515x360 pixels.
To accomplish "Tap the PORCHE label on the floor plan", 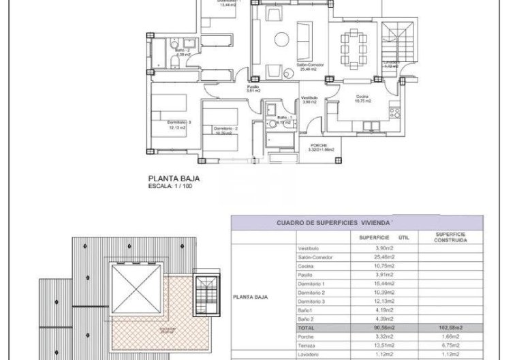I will point(318,147).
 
